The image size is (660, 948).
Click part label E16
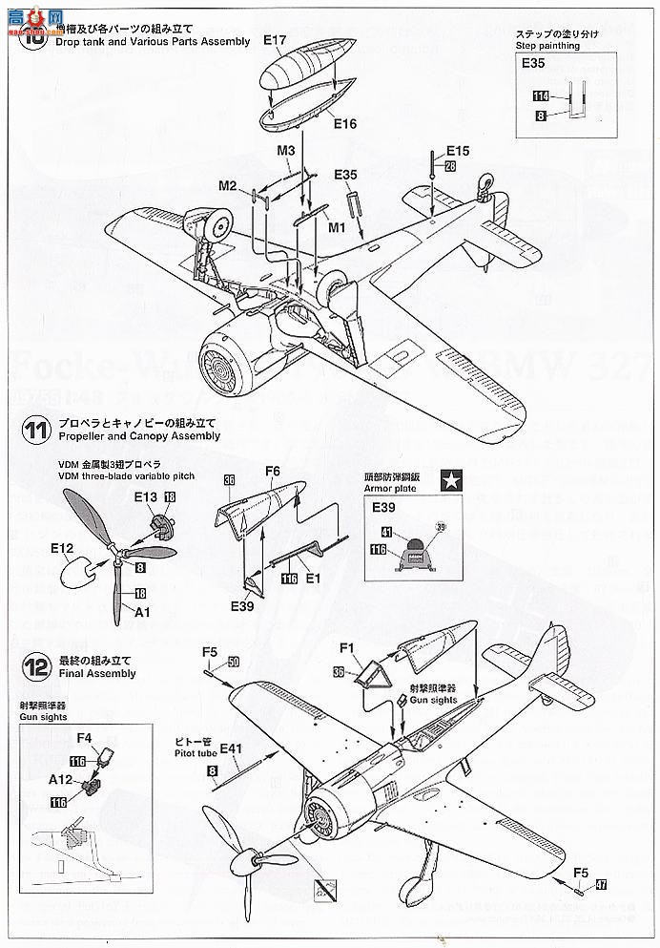[344, 123]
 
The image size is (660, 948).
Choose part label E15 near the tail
[458, 151]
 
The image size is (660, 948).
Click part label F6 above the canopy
[273, 472]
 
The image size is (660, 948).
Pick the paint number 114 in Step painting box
[541, 97]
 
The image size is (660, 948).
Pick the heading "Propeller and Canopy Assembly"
[138, 436]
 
